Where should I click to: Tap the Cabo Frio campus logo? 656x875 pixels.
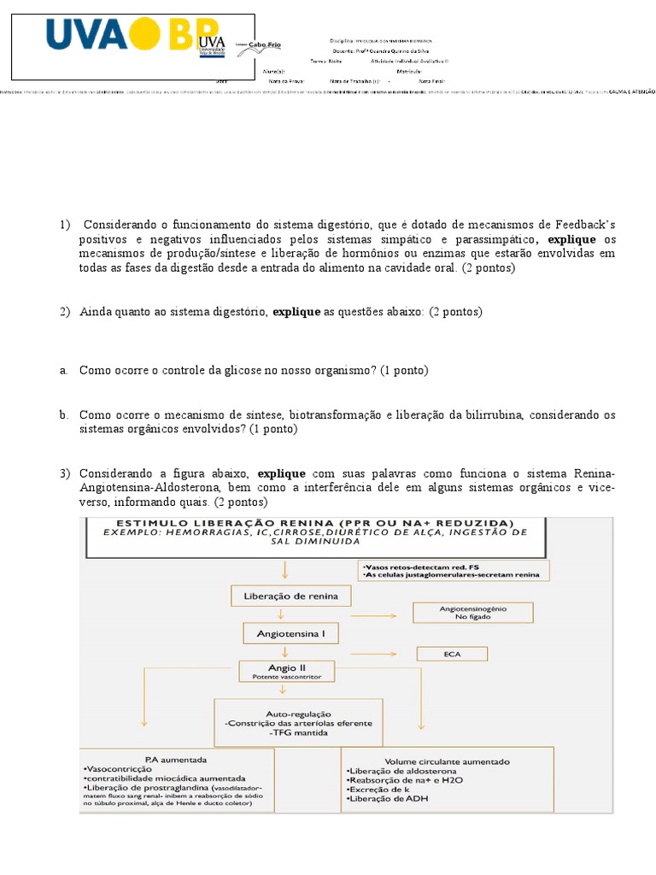click(x=259, y=48)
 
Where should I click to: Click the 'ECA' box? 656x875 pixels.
click(x=452, y=654)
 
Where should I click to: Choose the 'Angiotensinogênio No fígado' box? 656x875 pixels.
click(x=472, y=613)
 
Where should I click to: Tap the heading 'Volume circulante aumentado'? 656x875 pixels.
click(x=448, y=760)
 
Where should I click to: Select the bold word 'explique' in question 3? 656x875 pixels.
click(x=281, y=473)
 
